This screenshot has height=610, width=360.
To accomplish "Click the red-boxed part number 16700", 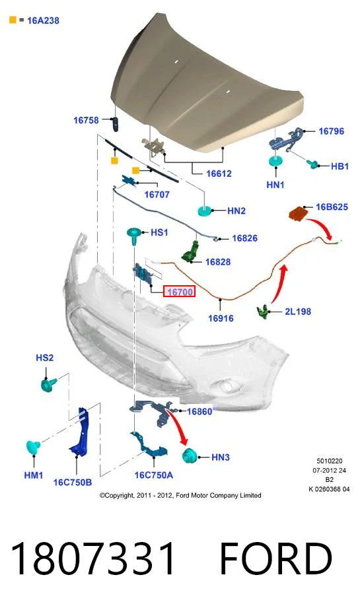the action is click(x=180, y=291).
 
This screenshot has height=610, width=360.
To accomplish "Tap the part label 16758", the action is click(x=86, y=120).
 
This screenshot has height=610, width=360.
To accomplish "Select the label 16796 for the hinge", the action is click(x=331, y=131).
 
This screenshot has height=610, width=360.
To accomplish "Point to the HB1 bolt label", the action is click(x=340, y=166).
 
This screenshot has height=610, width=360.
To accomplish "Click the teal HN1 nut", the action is click(x=275, y=160).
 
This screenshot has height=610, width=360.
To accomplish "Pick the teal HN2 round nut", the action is click(x=205, y=211).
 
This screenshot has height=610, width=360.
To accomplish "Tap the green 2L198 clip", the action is click(x=264, y=312).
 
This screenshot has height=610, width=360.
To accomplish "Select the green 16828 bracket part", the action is click(x=190, y=252).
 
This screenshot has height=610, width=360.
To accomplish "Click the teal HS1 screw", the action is click(x=134, y=235).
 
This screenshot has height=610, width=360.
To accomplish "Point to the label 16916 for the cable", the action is click(x=221, y=318).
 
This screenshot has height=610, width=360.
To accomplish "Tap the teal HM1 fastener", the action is click(x=34, y=447).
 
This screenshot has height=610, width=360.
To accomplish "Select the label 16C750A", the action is click(x=153, y=475).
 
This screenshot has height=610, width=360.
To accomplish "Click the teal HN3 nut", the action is click(x=190, y=456).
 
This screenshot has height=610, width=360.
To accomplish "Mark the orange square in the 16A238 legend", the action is click(x=13, y=19).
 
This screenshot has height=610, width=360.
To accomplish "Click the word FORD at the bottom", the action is click(x=276, y=559).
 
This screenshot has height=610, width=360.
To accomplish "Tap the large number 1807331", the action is click(x=92, y=559).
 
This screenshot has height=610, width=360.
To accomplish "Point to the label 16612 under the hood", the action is click(x=219, y=174).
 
